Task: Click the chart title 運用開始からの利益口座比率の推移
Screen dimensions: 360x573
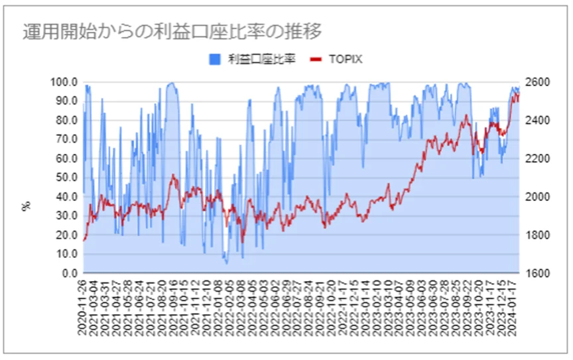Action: (171, 31)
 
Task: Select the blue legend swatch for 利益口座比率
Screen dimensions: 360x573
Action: (214, 60)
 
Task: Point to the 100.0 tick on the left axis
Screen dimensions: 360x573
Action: (64, 82)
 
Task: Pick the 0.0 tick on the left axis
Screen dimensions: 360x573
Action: (69, 273)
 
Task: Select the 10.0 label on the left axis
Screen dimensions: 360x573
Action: (66, 254)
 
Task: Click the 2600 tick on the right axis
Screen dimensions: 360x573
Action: (536, 82)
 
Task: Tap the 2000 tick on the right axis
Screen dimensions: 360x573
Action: (536, 197)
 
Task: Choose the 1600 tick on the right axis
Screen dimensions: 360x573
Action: (536, 273)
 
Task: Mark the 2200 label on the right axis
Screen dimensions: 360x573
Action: (536, 159)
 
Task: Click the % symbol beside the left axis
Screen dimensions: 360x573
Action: (27, 206)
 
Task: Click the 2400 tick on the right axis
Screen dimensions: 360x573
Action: (536, 121)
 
